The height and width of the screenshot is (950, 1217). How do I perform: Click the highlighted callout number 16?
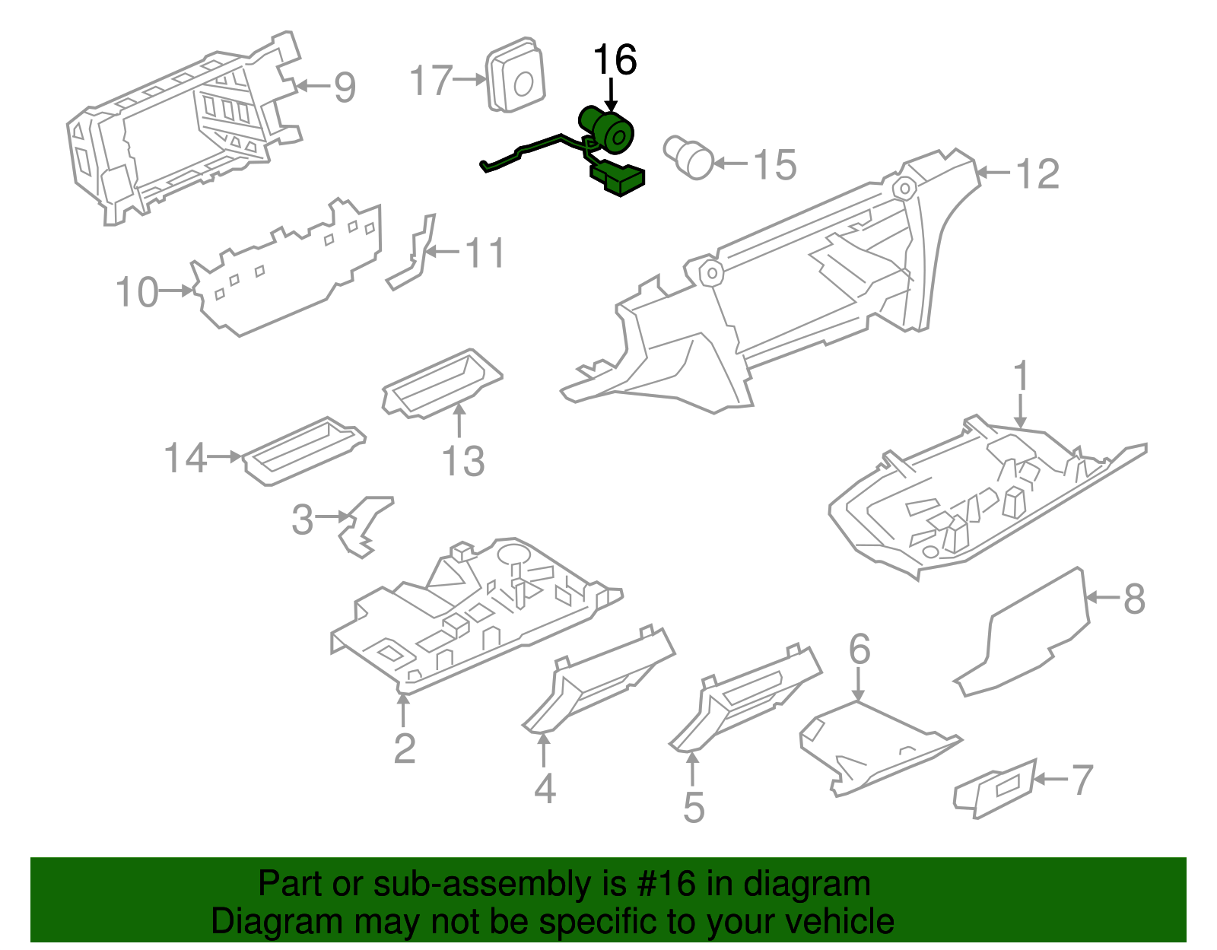pos(615,59)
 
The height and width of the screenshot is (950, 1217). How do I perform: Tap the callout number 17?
pos(431,80)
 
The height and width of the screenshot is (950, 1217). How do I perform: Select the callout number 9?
pos(345,87)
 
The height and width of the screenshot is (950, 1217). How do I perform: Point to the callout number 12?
pos(1037,174)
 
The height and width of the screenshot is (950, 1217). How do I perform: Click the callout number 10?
pos(137,292)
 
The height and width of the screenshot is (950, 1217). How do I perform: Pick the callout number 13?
pos(463,461)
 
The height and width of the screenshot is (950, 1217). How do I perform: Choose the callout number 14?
pos(185,458)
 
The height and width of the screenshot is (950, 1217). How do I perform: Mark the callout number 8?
pos(1134,599)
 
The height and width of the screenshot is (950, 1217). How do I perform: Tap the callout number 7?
pos(1082,780)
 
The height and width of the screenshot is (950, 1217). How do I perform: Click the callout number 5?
pos(694,806)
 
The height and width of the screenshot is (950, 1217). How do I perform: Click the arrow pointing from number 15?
pos(731,164)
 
